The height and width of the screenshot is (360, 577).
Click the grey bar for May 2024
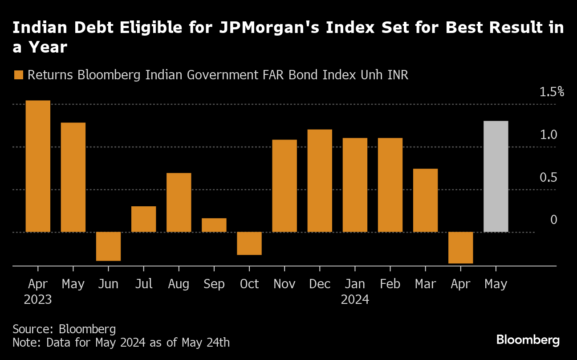(x=496, y=176)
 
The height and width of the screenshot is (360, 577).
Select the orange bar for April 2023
(x=38, y=166)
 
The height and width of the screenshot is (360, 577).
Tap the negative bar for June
(x=108, y=246)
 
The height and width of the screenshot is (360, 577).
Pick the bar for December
(x=320, y=180)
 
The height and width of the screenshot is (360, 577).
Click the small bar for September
(x=214, y=225)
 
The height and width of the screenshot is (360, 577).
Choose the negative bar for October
(x=249, y=243)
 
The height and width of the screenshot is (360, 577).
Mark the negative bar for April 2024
(x=460, y=248)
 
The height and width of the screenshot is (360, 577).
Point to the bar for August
(x=179, y=202)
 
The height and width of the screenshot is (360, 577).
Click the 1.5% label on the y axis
(x=552, y=92)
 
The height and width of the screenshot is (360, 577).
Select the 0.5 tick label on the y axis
(x=549, y=177)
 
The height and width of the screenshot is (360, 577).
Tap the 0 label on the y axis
(x=553, y=220)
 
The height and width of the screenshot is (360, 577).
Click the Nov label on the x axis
(x=284, y=284)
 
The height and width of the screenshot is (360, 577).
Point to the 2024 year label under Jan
(x=355, y=299)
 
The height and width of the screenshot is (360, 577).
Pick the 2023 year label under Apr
(x=38, y=299)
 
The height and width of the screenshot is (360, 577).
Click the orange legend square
(x=18, y=75)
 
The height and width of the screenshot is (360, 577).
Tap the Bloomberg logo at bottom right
(x=528, y=340)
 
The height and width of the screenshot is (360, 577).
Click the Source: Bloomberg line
(x=64, y=329)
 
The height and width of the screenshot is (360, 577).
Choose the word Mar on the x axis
(x=425, y=284)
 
